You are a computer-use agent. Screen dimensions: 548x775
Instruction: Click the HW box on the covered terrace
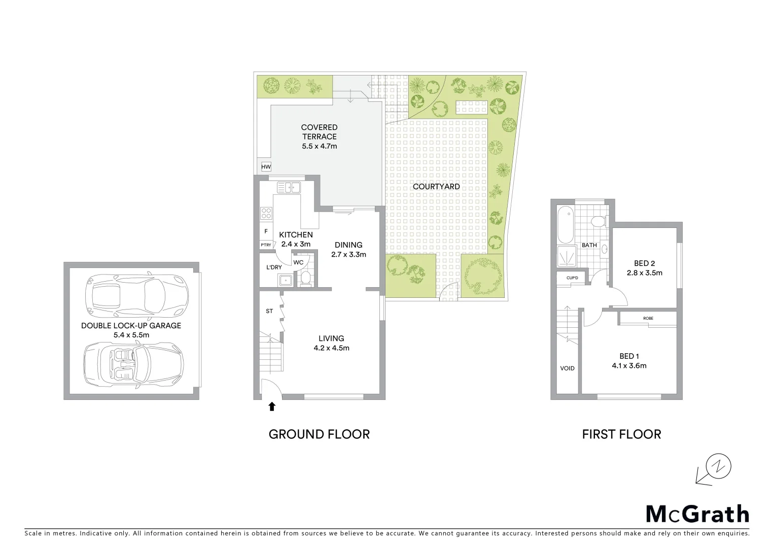click(266, 167)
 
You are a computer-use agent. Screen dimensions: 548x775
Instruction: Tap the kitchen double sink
click(288, 188)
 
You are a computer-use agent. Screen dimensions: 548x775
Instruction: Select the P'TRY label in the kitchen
click(266, 245)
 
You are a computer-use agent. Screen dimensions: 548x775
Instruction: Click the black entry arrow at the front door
click(272, 406)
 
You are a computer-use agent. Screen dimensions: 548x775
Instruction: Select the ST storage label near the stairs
click(269, 311)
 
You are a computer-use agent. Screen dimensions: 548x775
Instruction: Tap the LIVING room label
click(331, 338)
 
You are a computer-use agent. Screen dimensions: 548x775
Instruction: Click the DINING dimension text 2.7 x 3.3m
click(348, 255)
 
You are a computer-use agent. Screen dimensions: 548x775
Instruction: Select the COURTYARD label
click(436, 187)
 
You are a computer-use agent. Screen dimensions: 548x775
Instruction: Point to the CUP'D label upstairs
click(572, 278)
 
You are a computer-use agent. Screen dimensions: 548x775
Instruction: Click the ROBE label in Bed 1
click(648, 319)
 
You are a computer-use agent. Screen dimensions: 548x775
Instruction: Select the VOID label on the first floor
click(567, 368)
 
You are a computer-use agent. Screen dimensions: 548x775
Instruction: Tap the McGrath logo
click(697, 514)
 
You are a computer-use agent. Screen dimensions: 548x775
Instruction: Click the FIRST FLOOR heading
click(621, 434)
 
